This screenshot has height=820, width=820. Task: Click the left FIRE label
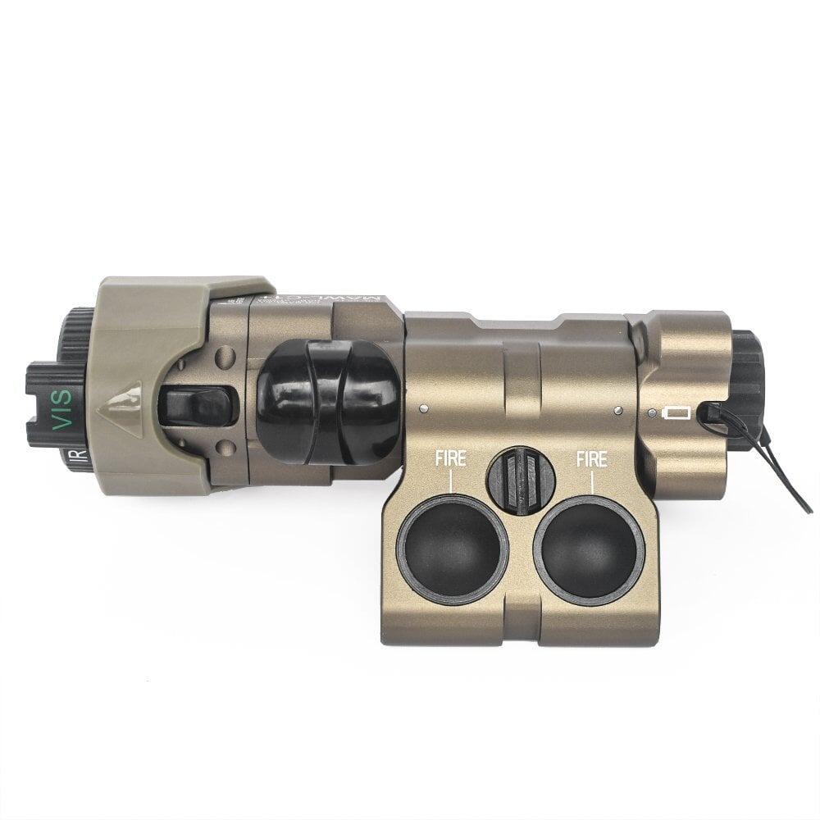[x=450, y=459]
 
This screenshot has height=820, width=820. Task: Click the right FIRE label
[x=591, y=459]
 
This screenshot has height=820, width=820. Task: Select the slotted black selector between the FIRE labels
[x=521, y=481]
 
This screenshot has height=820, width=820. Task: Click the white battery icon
[x=677, y=412]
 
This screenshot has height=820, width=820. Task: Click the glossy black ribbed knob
[x=328, y=403]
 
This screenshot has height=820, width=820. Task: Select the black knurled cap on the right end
[x=748, y=385]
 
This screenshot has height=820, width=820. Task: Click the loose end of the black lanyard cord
[x=807, y=508]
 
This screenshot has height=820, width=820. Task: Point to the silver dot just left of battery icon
[x=650, y=413]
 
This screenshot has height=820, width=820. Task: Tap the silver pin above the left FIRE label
[x=422, y=408]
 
